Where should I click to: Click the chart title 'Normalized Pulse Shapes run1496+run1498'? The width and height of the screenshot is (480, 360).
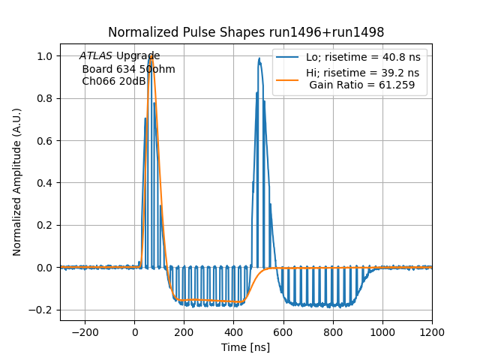246,32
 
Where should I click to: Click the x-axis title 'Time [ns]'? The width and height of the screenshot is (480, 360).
246,347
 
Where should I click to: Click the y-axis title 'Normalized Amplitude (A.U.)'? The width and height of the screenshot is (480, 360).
17,182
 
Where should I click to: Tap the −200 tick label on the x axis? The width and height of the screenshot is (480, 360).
85,331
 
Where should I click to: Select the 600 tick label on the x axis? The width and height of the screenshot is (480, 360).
283,331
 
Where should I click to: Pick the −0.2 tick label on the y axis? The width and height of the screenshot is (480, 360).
43,310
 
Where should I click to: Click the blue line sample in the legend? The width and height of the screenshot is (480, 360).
288,57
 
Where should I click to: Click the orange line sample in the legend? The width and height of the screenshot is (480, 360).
288,73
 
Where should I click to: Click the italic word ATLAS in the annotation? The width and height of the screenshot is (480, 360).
96,56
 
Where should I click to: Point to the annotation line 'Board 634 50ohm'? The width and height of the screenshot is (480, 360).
128,69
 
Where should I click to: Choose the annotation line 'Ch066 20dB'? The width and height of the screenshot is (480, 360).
114,82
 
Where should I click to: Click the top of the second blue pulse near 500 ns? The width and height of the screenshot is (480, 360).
259,60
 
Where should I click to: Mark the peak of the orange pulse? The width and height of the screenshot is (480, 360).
151,55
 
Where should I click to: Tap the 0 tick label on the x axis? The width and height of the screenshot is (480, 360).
135,331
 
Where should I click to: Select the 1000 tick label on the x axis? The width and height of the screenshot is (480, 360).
382,331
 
